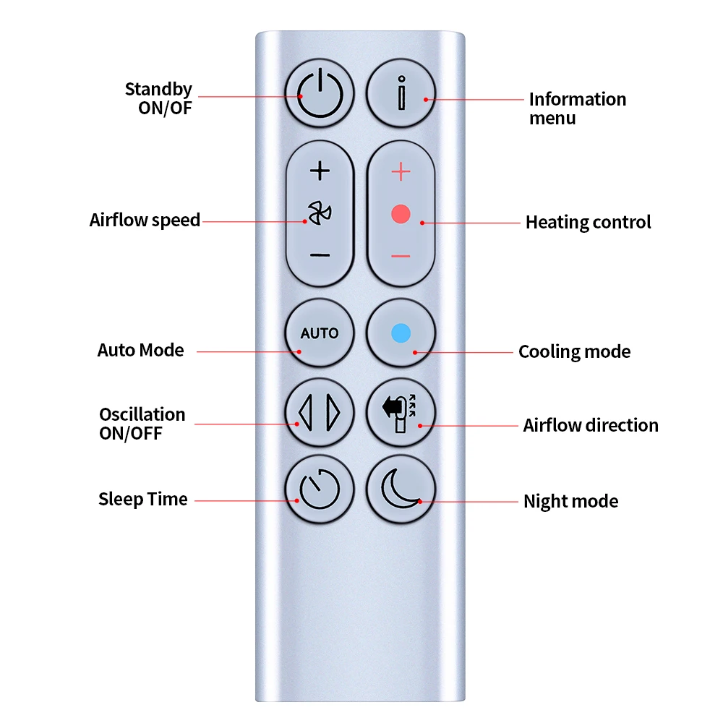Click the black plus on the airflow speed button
pos(320,171)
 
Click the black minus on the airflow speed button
pos(320,255)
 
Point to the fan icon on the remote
pos(319,213)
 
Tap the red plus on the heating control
pos(401,172)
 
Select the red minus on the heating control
pos(401,256)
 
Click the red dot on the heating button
pos(401,214)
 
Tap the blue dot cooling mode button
pos(401,333)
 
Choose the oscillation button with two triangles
pos(320,412)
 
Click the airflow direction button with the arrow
pos(401,412)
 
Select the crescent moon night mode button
pos(401,488)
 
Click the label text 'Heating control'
pos(588,222)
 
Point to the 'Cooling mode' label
pos(574,352)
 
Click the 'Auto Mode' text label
pos(141,351)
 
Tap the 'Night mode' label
pos(570,501)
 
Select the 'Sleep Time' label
pos(142,499)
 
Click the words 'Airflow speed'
pos(145,220)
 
